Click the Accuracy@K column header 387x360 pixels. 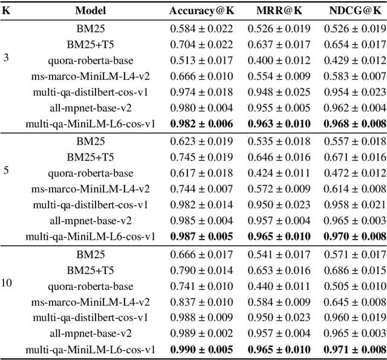[201, 11]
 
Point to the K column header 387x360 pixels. [7, 11]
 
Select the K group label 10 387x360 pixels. [8, 282]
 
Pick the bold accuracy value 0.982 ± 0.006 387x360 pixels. [201, 123]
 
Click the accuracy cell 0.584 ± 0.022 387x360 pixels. [201, 28]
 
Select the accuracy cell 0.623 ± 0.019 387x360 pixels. [201, 142]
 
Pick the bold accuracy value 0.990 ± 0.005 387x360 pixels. [201, 350]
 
